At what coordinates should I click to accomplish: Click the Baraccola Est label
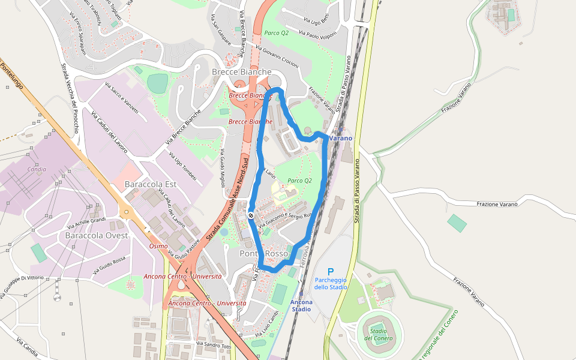click(x=149, y=184)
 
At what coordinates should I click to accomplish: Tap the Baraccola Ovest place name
click(x=96, y=235)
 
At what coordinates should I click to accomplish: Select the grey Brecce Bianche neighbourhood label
click(x=242, y=71)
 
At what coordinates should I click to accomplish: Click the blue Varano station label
click(x=340, y=138)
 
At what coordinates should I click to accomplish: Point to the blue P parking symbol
click(x=330, y=272)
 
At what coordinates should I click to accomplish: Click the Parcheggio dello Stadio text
click(x=331, y=283)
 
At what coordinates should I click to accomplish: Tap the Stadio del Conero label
click(x=378, y=334)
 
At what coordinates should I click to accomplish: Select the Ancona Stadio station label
click(x=301, y=305)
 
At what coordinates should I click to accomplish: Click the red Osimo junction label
click(x=158, y=246)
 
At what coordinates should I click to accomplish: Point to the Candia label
click(x=37, y=169)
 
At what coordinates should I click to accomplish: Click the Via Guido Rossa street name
click(x=109, y=266)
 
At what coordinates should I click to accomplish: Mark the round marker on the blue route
click(x=251, y=215)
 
